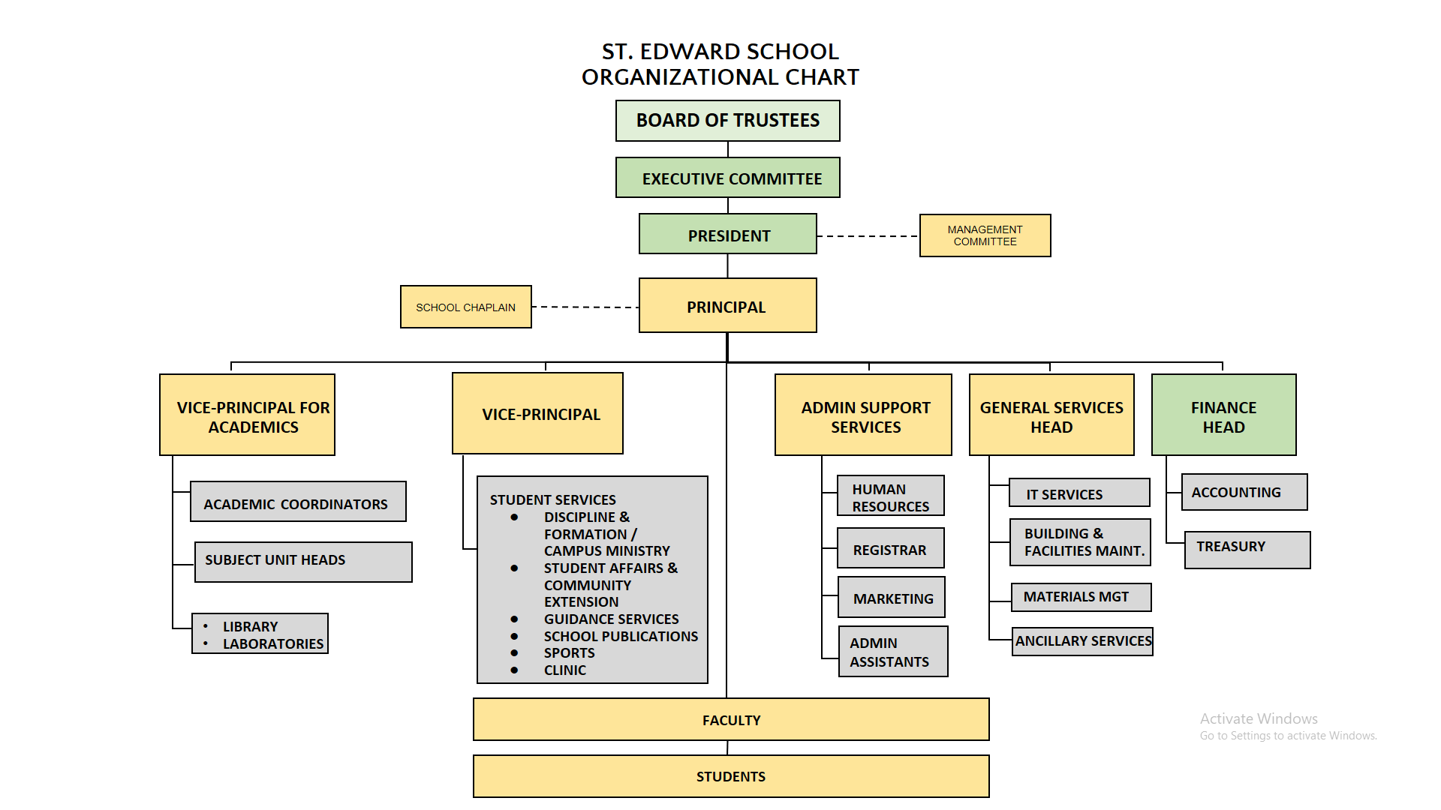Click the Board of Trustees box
coord(727,121)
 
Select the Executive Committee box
coord(727,178)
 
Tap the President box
coord(727,234)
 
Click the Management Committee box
coord(985,235)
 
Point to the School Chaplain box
coord(465,307)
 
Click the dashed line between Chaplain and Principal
coord(585,307)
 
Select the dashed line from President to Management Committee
coord(868,236)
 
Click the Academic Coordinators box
coord(298,502)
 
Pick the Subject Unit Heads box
coord(303,562)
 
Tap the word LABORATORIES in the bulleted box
coord(273,643)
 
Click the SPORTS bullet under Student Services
coord(569,653)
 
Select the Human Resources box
coord(890,496)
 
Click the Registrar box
coord(890,548)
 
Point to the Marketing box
coord(892,597)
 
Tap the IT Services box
coord(1079,493)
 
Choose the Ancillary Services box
coord(1082,641)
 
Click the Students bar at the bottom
coord(731,776)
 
